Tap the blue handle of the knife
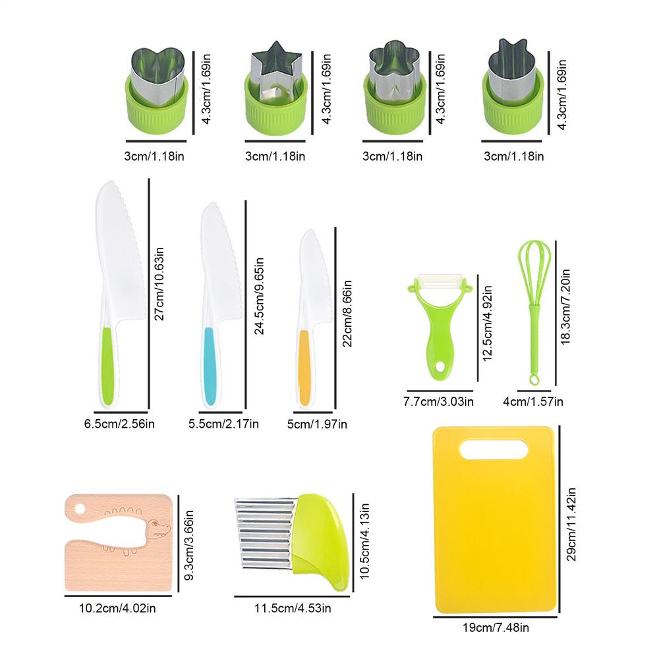click(210, 366)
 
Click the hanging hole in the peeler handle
click(440, 366)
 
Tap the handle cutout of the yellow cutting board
click(494, 449)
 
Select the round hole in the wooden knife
click(80, 509)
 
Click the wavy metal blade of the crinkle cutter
click(264, 534)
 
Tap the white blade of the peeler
click(438, 282)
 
